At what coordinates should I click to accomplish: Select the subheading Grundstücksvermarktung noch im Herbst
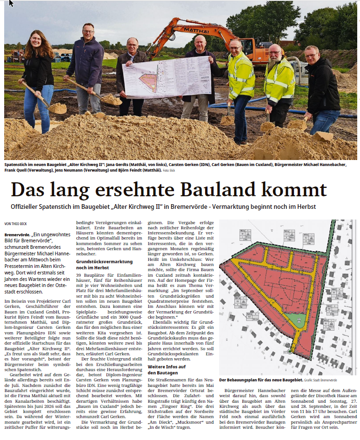98,265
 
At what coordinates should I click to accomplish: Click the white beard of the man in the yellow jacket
274,65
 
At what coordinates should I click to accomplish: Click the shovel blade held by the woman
58,108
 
